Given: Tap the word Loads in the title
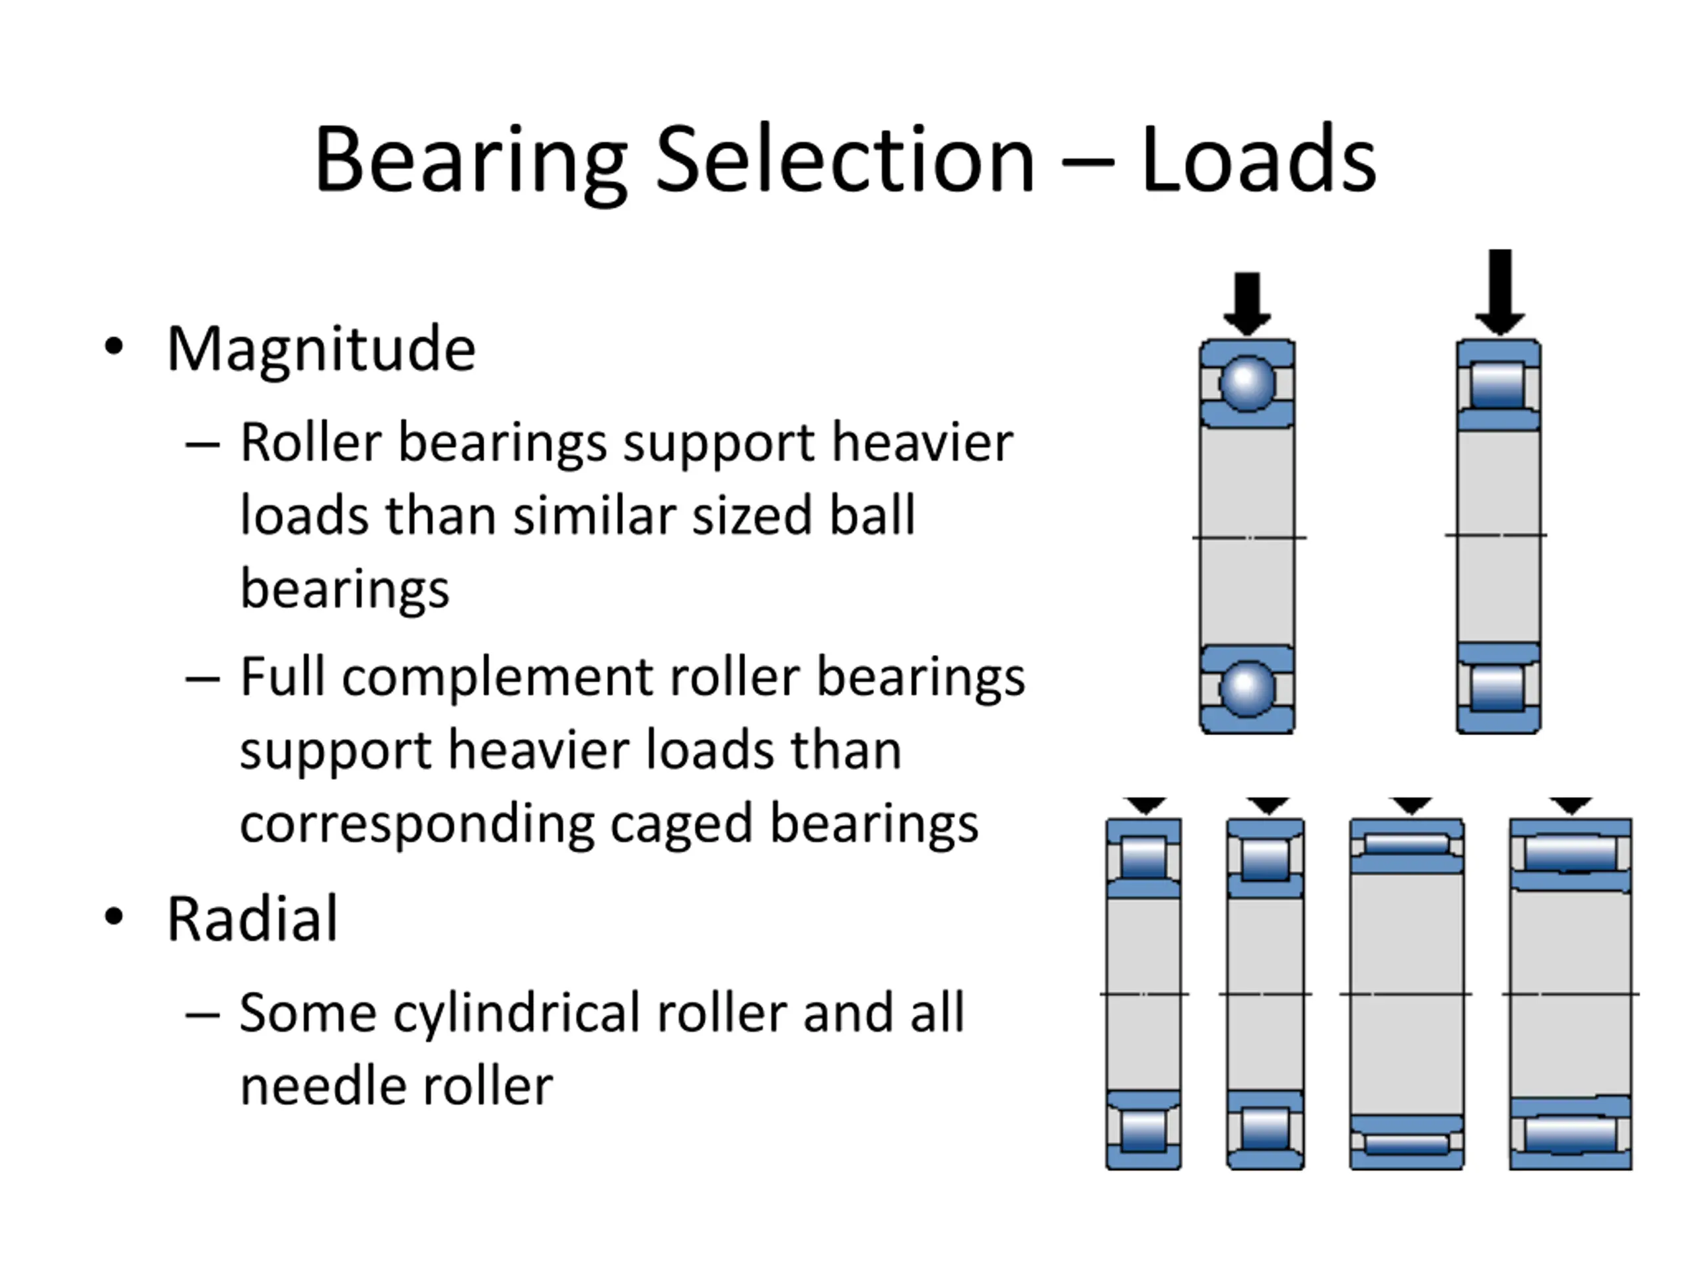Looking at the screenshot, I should (1258, 160).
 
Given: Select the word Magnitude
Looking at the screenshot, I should (321, 349).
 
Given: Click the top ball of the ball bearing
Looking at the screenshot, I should (1247, 382).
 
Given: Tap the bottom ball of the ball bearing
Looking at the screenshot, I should (1247, 689).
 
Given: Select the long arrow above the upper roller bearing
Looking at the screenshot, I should (1499, 291).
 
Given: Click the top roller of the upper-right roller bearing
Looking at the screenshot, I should (1497, 384).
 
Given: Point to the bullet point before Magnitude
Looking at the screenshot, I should (114, 347).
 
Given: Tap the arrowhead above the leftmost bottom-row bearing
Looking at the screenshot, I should (1145, 805).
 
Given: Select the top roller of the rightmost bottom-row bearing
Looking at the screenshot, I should (1570, 854).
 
